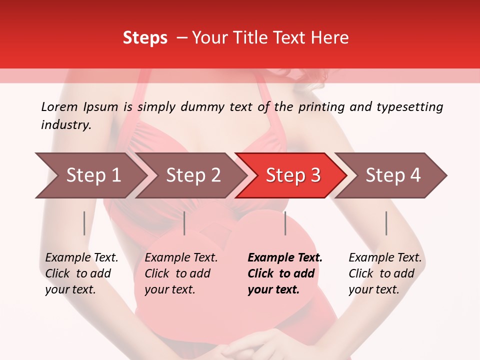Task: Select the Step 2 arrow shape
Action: pyautogui.click(x=193, y=175)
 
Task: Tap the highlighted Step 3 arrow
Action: pyautogui.click(x=293, y=175)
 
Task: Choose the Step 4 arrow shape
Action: pyautogui.click(x=393, y=175)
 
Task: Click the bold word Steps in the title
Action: pyautogui.click(x=145, y=38)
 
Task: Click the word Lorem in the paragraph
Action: pyautogui.click(x=59, y=107)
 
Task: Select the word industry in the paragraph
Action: pyautogui.click(x=66, y=125)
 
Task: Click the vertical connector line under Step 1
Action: pyautogui.click(x=84, y=223)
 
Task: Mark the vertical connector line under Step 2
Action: pyautogui.click(x=184, y=223)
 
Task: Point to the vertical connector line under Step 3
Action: pyautogui.click(x=285, y=223)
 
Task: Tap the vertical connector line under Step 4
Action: pyautogui.click(x=386, y=223)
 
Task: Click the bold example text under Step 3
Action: pyautogui.click(x=285, y=273)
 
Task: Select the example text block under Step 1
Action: pyautogui.click(x=81, y=273)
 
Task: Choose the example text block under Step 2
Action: pyautogui.click(x=181, y=273)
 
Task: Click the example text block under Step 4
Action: pyautogui.click(x=385, y=273)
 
